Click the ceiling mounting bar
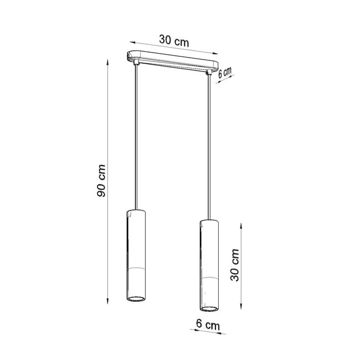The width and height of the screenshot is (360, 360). point(172,61)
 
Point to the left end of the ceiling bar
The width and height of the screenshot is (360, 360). point(127,56)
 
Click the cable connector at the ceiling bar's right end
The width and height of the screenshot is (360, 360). point(210,72)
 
